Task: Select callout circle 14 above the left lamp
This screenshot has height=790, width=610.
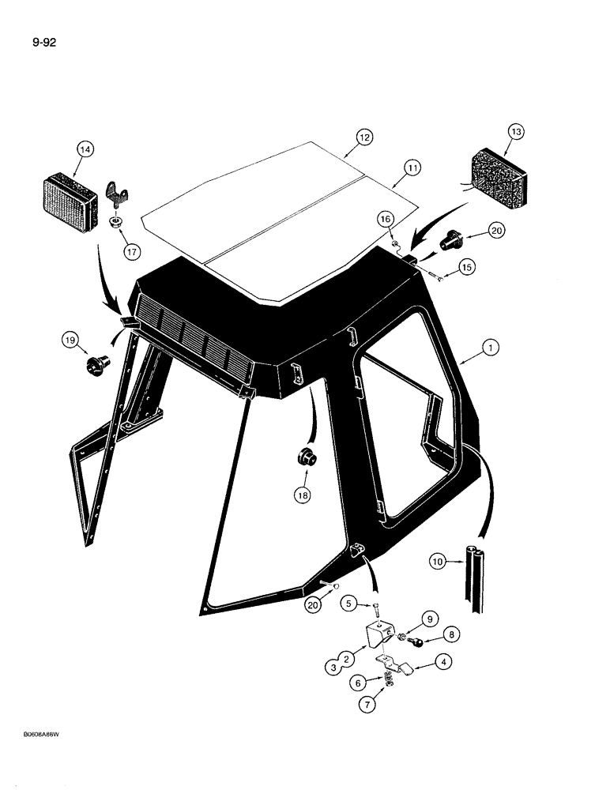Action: tap(85, 149)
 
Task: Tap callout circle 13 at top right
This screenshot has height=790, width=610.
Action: tap(517, 131)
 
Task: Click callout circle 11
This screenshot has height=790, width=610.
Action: tap(412, 167)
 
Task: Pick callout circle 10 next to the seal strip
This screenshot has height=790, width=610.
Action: tap(437, 562)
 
